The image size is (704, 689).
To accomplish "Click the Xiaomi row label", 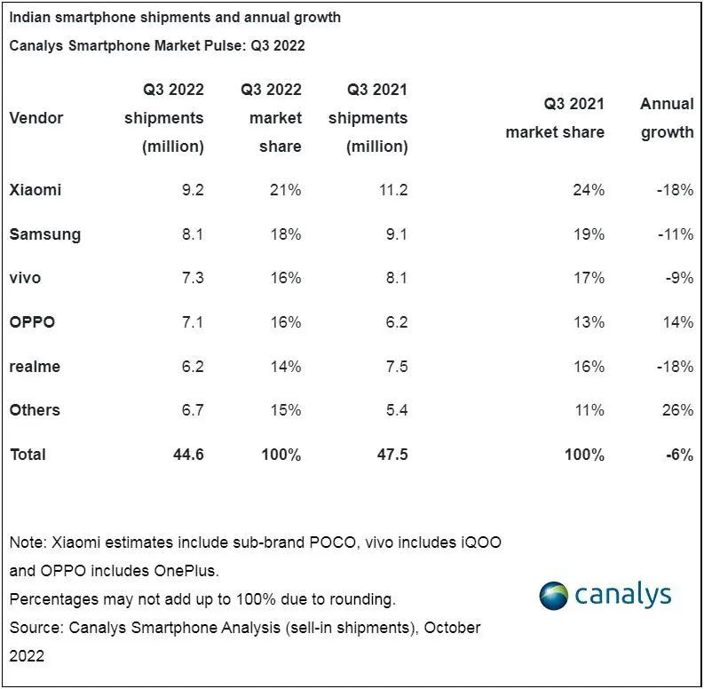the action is coord(35,189).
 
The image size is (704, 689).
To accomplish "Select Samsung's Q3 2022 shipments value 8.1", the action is coord(193,234).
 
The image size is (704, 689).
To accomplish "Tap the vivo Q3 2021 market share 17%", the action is coord(589,278).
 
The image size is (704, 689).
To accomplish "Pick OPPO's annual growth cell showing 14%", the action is coord(678,322).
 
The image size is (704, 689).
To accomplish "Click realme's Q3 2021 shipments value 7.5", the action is coord(397,367).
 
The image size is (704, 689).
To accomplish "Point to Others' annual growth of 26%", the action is coord(678,410).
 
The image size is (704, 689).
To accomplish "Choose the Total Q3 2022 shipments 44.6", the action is coord(188,455).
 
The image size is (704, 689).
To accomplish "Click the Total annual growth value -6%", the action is coord(680,455).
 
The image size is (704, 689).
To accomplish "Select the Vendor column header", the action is coord(36,118).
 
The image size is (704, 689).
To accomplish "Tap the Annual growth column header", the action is coord(668,118).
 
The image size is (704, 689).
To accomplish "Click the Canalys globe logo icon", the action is coord(553,596).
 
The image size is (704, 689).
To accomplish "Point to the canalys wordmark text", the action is coord(623,595).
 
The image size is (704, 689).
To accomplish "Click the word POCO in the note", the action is coord(332,542).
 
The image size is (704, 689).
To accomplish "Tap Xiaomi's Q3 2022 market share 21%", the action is coord(286,189).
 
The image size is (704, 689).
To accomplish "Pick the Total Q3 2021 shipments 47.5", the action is coord(393,455).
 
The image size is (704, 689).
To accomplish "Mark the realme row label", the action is coord(35,367).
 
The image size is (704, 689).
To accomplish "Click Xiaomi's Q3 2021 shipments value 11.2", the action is coord(393,189).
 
